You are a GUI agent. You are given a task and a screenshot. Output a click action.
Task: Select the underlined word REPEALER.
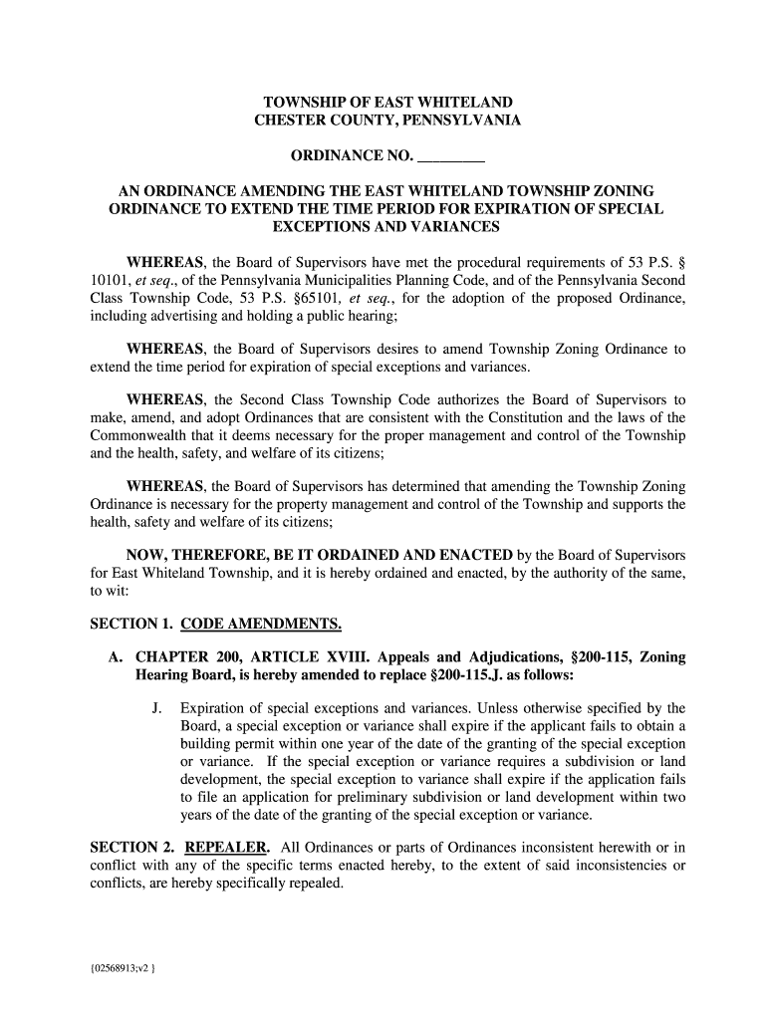227,848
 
